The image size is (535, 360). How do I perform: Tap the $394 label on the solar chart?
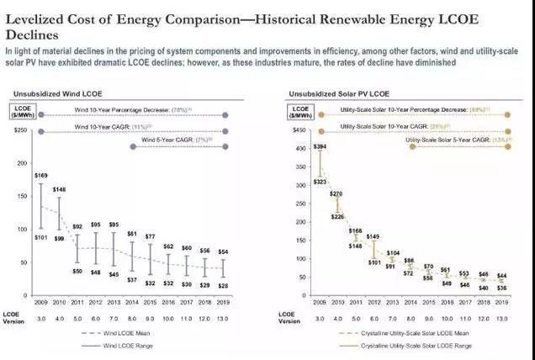click(x=319, y=147)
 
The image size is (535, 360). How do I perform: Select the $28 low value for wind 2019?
click(x=223, y=285)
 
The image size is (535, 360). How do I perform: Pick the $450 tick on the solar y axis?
click(x=297, y=130)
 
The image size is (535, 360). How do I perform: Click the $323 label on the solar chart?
click(x=320, y=182)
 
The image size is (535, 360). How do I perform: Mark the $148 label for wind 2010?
click(x=59, y=189)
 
